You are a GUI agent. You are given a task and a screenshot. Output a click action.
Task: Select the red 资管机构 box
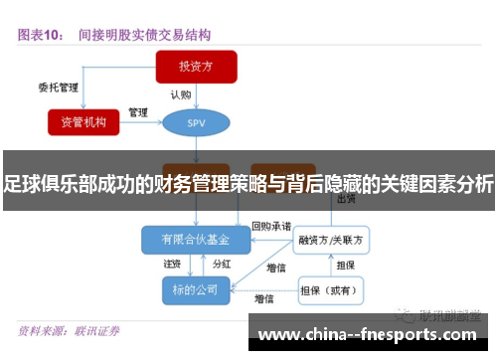(89, 121)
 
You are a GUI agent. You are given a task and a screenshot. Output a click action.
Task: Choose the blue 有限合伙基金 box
(196, 240)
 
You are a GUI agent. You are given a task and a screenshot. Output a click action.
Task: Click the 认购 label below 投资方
(181, 94)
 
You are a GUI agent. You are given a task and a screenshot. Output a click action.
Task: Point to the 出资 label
(347, 199)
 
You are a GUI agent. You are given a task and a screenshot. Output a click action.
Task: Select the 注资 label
(172, 265)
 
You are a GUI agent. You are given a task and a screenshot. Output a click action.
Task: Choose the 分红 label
(223, 265)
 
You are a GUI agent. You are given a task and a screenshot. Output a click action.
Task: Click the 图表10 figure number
(42, 34)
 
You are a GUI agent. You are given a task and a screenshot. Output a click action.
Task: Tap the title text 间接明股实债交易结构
(145, 34)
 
